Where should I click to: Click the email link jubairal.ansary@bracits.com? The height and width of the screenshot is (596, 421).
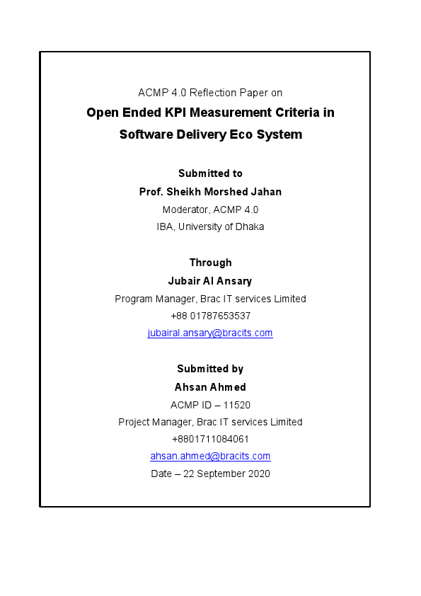[x=210, y=333]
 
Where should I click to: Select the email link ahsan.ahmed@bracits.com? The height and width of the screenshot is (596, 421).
[x=210, y=457]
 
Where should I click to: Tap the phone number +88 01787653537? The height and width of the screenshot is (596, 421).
[x=210, y=316]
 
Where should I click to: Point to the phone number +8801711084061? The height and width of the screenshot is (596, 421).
[x=210, y=439]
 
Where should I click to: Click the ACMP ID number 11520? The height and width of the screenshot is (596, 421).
[x=237, y=405]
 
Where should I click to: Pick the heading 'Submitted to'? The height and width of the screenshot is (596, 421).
[x=210, y=173]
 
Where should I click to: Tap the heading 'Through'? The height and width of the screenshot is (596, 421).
[x=210, y=263]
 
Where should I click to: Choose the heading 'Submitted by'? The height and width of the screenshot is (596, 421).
[x=210, y=369]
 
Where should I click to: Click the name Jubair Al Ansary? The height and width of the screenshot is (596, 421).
[x=210, y=280]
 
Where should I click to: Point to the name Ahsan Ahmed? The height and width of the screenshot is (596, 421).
[x=210, y=387]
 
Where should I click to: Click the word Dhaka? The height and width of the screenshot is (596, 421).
[x=250, y=227]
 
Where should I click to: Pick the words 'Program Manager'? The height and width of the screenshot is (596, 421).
[x=150, y=299]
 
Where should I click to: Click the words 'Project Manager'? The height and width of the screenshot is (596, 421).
[x=152, y=422]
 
